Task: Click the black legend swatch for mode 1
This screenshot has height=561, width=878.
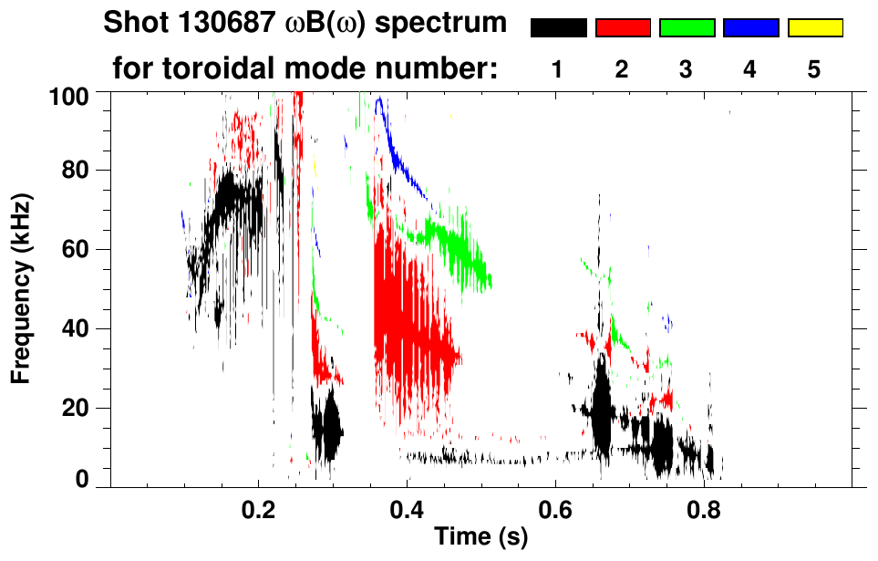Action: pos(558,28)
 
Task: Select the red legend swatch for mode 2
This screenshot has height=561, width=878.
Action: pos(623,28)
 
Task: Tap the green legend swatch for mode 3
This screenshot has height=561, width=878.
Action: pos(687,28)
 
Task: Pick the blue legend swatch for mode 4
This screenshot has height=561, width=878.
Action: pos(750,28)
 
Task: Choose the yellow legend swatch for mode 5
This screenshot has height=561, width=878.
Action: pos(814,28)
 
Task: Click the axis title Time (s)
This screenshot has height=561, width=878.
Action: pos(480,537)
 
